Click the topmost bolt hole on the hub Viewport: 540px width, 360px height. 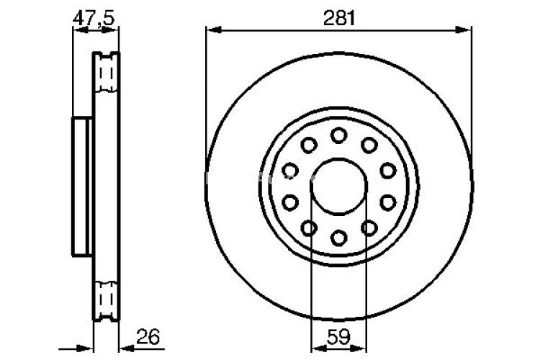(338, 135)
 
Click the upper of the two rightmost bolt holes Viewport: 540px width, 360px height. (388, 170)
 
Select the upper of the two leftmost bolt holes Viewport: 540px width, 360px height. (289, 170)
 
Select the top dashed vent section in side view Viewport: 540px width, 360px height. (107, 73)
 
